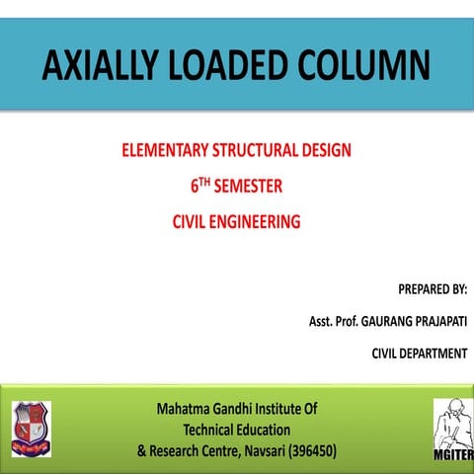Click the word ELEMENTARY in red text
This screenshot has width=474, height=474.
(166, 152)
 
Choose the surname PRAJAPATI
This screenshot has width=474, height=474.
(434, 322)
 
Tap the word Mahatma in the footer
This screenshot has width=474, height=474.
(188, 408)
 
